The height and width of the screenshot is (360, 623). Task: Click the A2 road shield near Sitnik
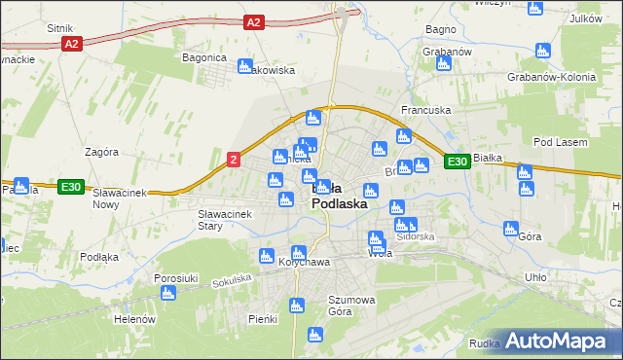point(70,45)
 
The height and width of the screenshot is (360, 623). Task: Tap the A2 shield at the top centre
point(254,21)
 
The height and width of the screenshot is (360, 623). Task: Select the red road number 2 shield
point(234,160)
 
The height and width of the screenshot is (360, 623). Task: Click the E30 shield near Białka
point(458,162)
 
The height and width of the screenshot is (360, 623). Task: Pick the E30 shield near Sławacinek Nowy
point(70,187)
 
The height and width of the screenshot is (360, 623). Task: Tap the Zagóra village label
point(101,153)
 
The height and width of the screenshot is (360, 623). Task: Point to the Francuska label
point(426,111)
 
